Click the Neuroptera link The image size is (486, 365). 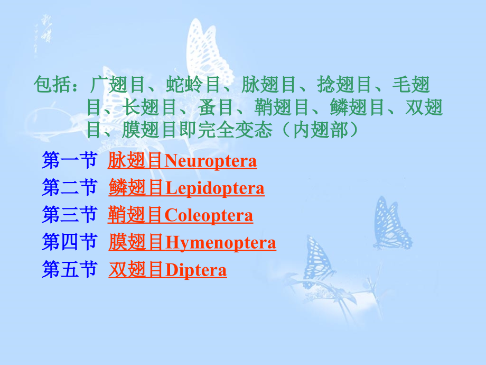(182, 160)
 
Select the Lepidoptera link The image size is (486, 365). (186, 188)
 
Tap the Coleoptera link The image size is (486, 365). (180, 215)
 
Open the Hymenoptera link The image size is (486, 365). (192, 242)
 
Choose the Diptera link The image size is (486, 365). (167, 269)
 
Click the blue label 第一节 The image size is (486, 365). (70, 160)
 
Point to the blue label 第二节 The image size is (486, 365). (70, 187)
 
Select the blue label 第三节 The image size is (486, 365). (70, 214)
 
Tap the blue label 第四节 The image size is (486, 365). (70, 242)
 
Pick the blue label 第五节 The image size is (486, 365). (70, 269)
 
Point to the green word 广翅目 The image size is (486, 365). (117, 85)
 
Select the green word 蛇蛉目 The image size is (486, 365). (193, 85)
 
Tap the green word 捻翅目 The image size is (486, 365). (344, 85)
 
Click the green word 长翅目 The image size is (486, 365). (149, 107)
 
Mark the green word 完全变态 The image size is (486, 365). (235, 130)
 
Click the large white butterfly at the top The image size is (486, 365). (208, 53)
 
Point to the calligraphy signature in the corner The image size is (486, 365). (43, 34)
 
